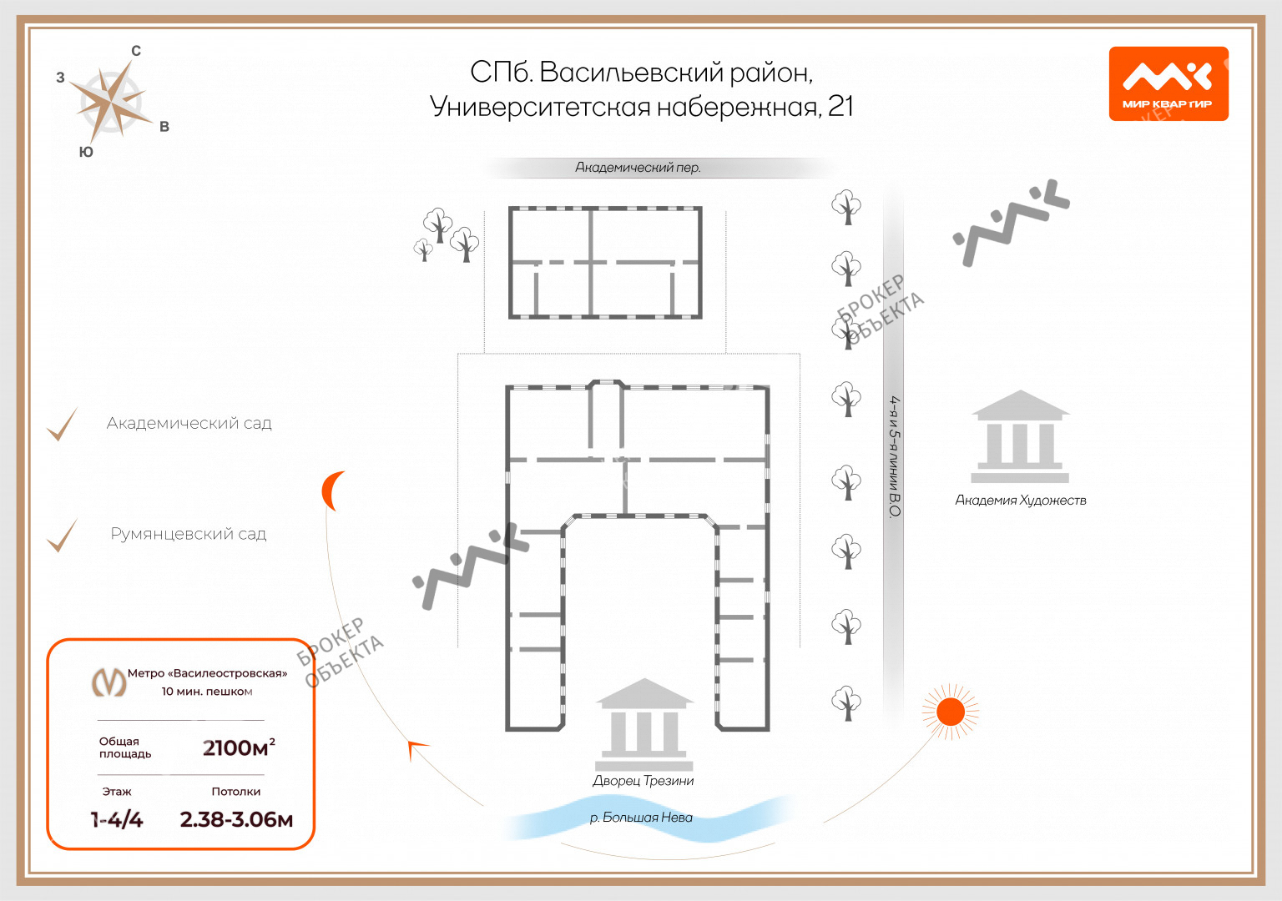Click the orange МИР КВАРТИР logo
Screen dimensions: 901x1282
coord(1168,83)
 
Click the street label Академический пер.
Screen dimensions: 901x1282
coord(638,168)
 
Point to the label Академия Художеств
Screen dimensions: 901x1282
coord(1020,501)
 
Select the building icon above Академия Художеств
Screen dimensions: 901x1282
coord(1020,436)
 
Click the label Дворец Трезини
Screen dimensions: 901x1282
coord(643,781)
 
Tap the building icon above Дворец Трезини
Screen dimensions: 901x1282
coord(644,724)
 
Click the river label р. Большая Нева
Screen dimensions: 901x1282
coord(641,818)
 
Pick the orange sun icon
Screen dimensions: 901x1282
coord(950,712)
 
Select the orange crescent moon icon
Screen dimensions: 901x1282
coord(332,491)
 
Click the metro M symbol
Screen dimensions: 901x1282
coord(109,682)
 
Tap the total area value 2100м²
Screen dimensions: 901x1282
coord(239,747)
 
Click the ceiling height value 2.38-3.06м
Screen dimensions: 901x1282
coord(236,819)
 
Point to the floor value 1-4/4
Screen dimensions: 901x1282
coord(117,819)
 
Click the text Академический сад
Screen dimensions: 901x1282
coord(189,424)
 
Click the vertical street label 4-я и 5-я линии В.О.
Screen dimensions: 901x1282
coord(894,456)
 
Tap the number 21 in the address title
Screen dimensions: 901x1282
coord(840,107)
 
